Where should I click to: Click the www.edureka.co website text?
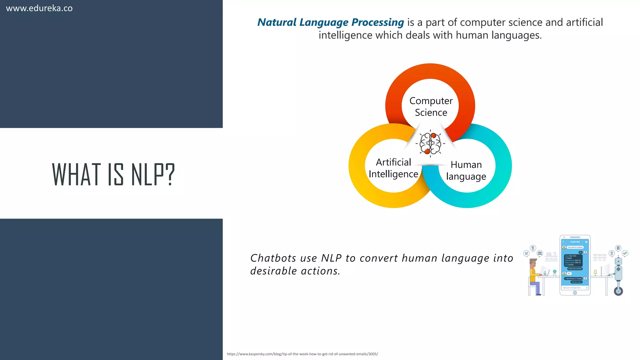[x=39, y=8]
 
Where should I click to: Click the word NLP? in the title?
[x=153, y=174]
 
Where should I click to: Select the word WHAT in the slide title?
[x=77, y=174]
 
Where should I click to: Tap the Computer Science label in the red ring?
[x=431, y=107]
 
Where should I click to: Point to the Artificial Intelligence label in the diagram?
[x=393, y=168]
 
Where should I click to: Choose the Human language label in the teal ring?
[x=466, y=170]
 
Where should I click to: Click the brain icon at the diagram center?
[x=430, y=143]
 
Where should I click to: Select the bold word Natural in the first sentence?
[x=277, y=22]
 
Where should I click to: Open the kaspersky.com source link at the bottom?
[x=302, y=354]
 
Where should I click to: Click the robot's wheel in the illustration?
[x=618, y=291]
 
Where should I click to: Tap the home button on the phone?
[x=575, y=293]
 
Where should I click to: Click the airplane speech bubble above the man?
[x=527, y=253]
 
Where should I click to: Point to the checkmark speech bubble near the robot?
[x=625, y=253]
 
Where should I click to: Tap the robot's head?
[x=618, y=261]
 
